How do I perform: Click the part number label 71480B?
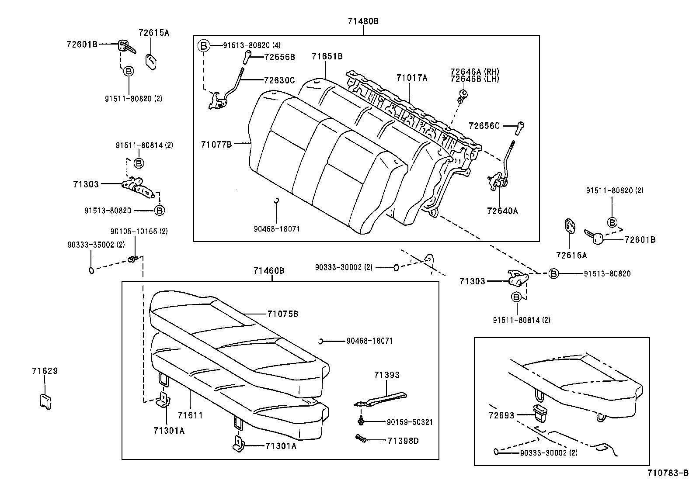(x=363, y=21)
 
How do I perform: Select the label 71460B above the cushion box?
(x=268, y=271)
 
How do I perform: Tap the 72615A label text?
(x=153, y=33)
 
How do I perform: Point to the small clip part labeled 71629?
(x=45, y=401)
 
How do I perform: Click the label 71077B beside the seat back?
(x=216, y=144)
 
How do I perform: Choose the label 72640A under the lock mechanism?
(x=502, y=211)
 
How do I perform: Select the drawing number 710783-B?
(x=668, y=473)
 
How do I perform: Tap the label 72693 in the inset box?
(x=501, y=415)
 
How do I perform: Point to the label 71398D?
(x=403, y=441)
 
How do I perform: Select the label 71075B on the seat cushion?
(x=282, y=314)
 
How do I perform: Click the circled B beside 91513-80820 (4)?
(x=203, y=45)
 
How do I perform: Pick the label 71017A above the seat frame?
(x=411, y=78)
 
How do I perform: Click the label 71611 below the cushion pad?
(x=190, y=415)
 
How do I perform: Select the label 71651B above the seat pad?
(x=327, y=56)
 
